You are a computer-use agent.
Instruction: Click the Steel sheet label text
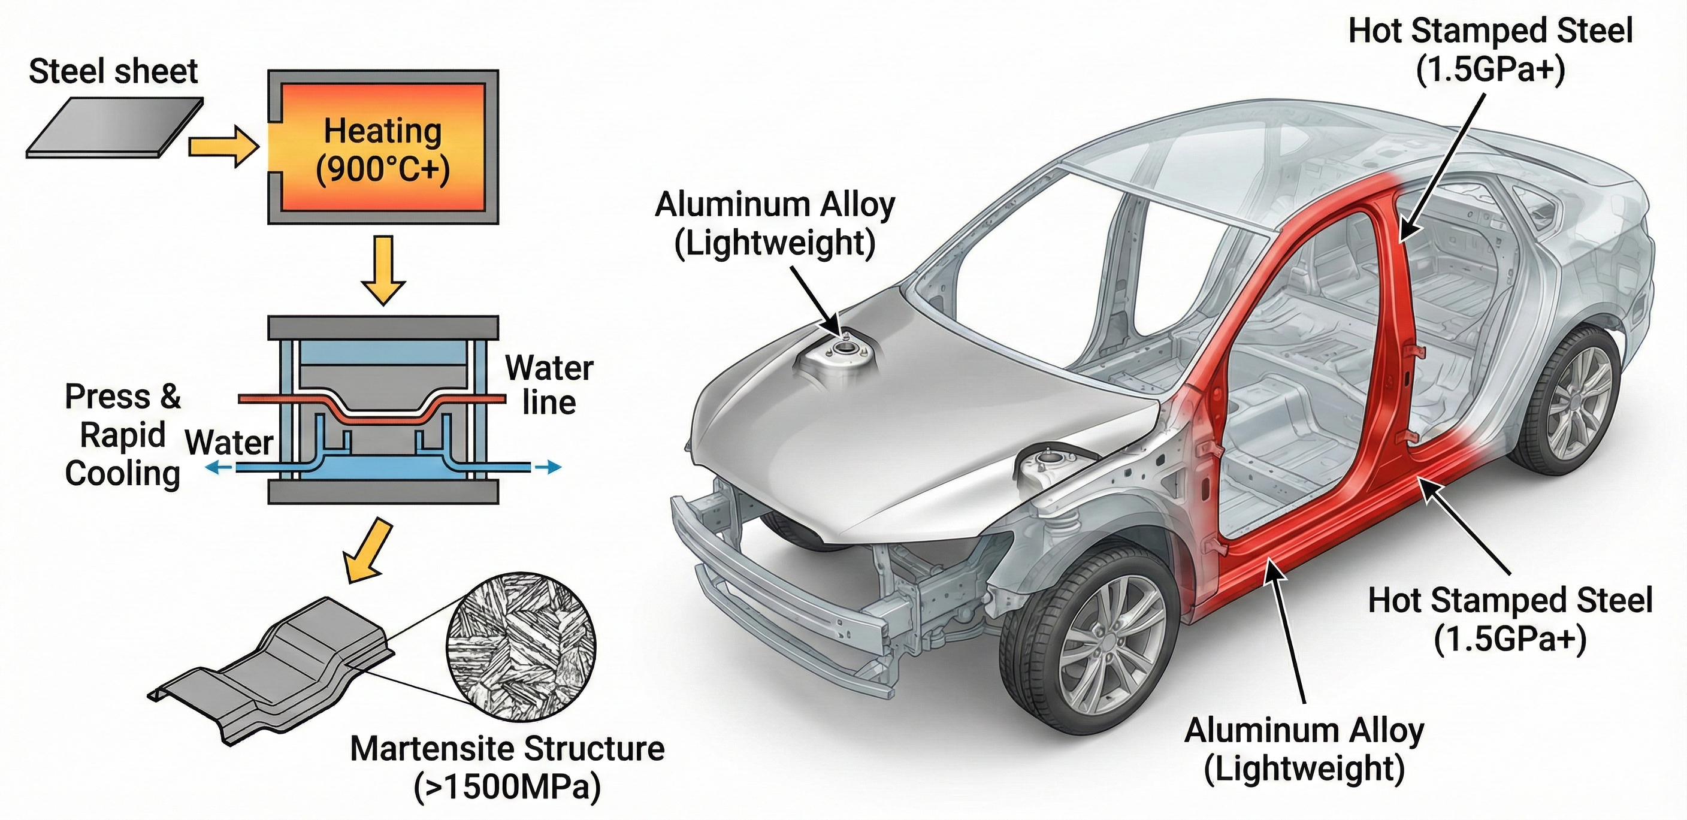pos(113,71)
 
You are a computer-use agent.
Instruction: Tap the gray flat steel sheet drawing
pos(114,128)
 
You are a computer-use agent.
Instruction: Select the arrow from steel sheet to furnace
pos(223,147)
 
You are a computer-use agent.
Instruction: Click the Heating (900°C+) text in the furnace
pos(383,150)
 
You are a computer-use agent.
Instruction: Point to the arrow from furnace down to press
pos(383,270)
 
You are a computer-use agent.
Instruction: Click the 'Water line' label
pos(549,385)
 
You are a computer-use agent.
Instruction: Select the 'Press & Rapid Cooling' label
pos(122,435)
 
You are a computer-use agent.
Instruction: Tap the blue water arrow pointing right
pos(548,467)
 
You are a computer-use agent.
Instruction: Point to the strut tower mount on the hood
pos(843,353)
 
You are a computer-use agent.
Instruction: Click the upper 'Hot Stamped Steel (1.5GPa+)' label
pos(1491,50)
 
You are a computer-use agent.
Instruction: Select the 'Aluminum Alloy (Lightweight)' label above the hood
pos(775,223)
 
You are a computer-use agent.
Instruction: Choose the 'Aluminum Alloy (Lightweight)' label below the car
pos(1304,749)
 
